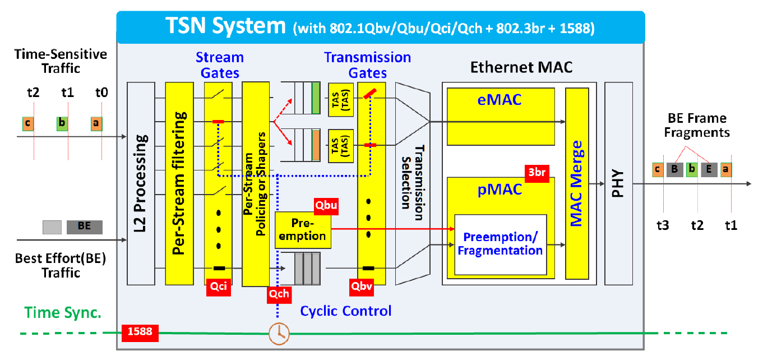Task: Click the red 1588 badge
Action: click(140, 333)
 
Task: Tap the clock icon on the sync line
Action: click(279, 333)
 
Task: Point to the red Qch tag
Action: click(278, 293)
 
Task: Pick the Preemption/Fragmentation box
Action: click(500, 244)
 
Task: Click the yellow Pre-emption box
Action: click(303, 230)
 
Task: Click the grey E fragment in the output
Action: click(709, 169)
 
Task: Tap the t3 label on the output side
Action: click(663, 225)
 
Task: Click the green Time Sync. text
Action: click(63, 313)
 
